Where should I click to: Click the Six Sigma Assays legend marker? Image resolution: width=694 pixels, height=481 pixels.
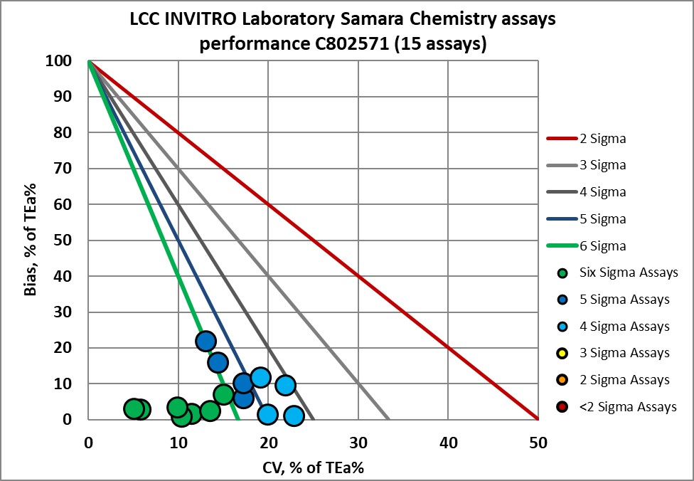[x=563, y=273]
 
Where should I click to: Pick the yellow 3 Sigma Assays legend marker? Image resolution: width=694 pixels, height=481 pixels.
[x=563, y=353]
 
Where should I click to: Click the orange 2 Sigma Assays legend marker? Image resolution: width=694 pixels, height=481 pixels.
[x=563, y=380]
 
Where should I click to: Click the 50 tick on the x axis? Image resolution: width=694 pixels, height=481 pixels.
[x=538, y=443]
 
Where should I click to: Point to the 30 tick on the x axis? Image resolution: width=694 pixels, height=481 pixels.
[x=358, y=443]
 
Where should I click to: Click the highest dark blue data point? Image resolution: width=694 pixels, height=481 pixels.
[x=205, y=342]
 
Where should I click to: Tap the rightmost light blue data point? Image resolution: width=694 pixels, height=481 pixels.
[x=293, y=416]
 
